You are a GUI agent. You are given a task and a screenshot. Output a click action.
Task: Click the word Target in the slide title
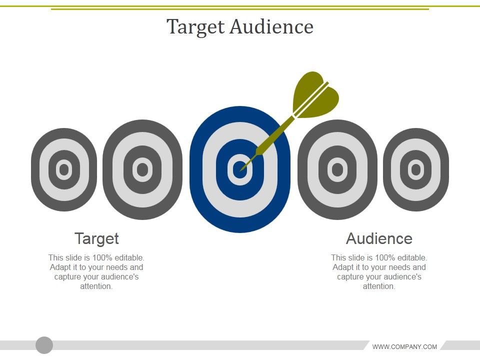196,27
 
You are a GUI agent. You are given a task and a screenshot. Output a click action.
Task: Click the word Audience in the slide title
271,27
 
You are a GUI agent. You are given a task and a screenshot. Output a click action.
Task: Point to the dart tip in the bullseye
241,169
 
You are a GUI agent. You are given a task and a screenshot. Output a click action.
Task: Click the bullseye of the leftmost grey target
63,170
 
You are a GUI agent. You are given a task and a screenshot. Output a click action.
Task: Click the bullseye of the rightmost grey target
415,170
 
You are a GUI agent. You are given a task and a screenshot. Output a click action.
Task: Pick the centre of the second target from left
142,170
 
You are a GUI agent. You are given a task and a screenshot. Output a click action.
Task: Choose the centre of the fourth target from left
337,170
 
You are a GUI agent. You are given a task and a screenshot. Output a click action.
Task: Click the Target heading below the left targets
96,238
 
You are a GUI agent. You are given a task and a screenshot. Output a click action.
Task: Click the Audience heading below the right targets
379,238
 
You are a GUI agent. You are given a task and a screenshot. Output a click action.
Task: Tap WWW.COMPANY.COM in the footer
404,346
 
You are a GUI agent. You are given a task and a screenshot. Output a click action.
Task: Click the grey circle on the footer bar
44,345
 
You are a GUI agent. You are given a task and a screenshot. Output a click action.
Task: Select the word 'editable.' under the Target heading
129,258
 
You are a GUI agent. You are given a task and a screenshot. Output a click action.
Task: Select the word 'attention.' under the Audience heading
379,286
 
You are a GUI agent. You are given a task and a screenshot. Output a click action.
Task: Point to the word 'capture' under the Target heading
67,277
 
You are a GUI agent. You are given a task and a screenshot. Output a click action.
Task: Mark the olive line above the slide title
240,8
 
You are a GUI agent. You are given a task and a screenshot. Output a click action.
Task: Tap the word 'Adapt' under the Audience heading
343,267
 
